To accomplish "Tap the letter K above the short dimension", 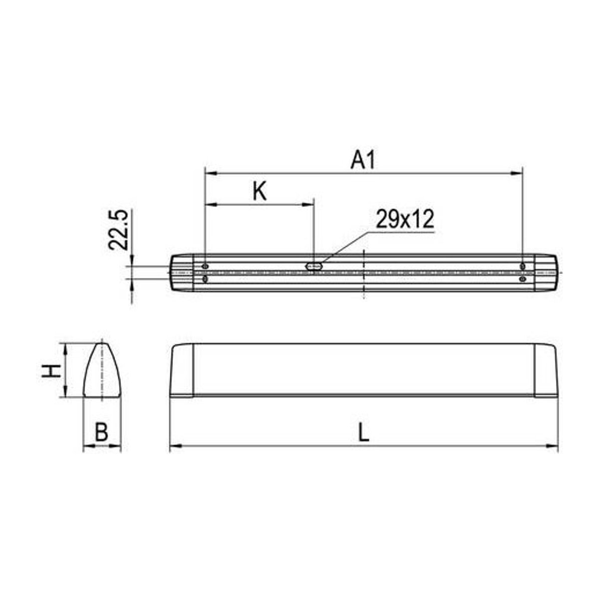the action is [x=259, y=192].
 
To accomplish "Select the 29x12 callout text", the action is [x=405, y=219].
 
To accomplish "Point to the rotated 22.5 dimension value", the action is [x=118, y=230].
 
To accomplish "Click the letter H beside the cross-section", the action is [x=51, y=371].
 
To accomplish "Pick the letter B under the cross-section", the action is [x=101, y=432].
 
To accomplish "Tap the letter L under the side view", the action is [x=363, y=432].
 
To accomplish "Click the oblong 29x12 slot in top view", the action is [x=314, y=266].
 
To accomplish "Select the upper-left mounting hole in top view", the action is [x=205, y=267].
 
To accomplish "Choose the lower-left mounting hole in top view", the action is [x=205, y=280].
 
